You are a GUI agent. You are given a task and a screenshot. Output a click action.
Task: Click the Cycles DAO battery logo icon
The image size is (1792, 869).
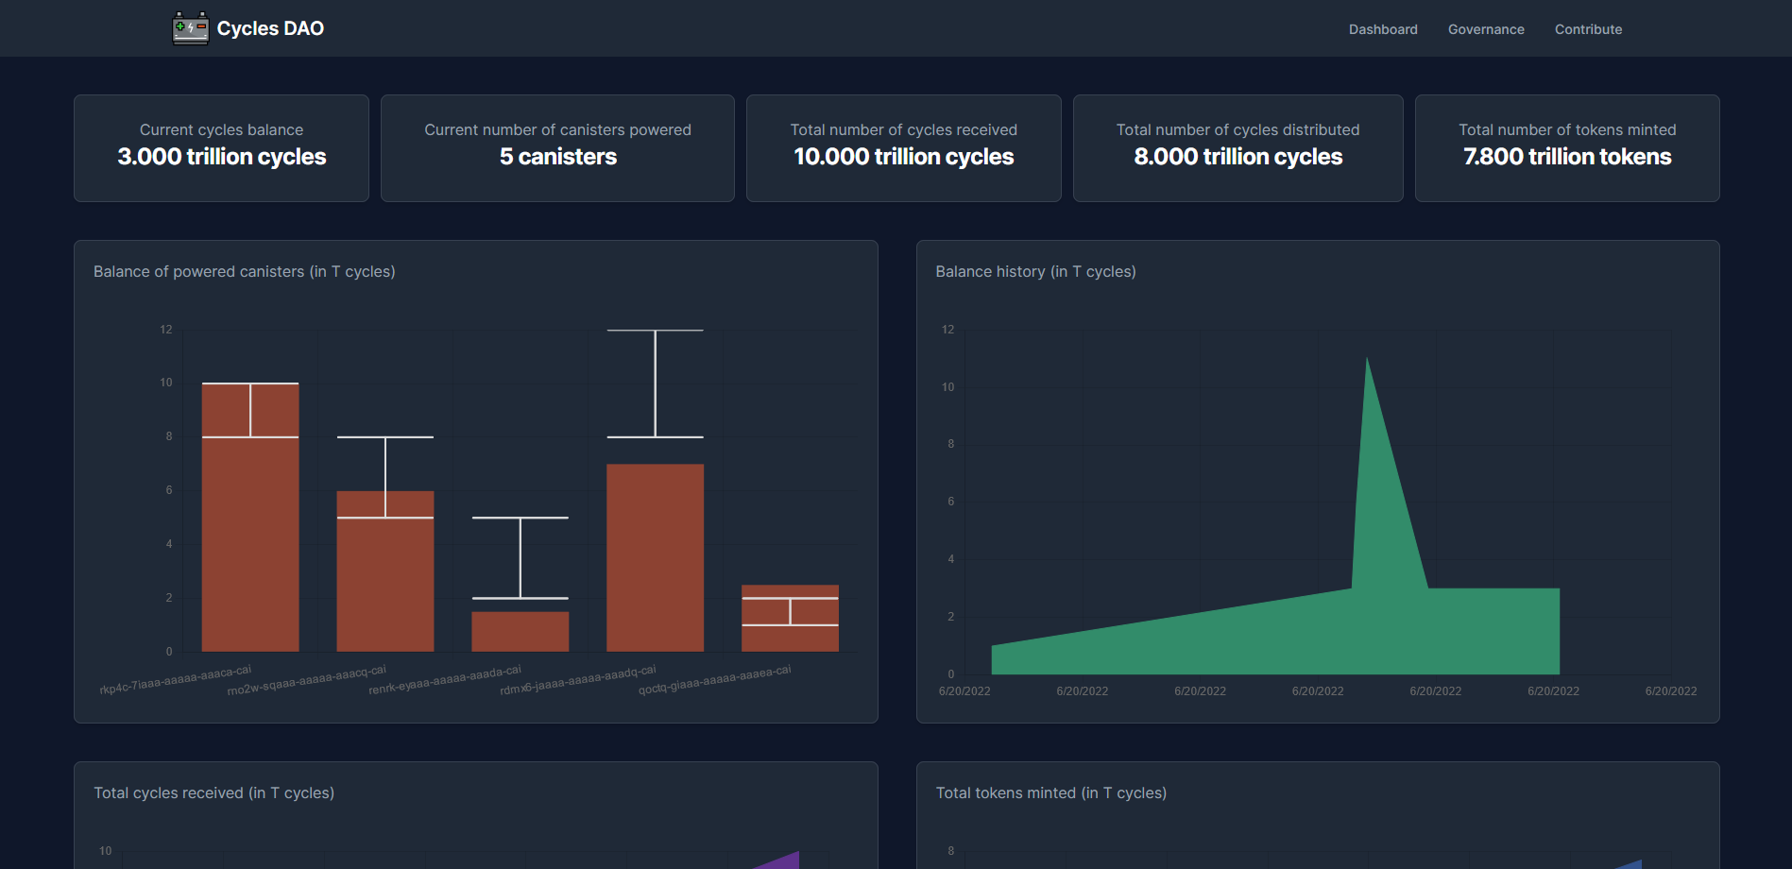[190, 28]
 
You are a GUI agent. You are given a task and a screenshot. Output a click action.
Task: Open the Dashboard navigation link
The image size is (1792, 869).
[1382, 29]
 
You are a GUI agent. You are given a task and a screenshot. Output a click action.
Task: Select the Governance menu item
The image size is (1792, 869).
[1485, 29]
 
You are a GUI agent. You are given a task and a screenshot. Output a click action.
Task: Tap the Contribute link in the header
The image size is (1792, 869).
[1587, 29]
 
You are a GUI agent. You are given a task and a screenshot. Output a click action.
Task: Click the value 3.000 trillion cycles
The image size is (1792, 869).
[221, 157]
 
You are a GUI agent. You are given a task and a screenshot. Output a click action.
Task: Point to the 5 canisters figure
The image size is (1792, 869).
[557, 157]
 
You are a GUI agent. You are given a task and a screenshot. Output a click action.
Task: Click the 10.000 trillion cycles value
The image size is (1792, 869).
[903, 157]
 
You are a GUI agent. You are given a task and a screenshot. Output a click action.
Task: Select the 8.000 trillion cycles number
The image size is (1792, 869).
[1237, 157]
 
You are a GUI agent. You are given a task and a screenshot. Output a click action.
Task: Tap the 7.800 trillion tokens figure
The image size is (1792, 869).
[1566, 157]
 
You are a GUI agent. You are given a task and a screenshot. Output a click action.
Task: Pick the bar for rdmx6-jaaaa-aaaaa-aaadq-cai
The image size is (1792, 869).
[655, 557]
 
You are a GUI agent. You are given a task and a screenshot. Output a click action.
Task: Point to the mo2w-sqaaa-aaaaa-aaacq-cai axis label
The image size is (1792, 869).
[306, 681]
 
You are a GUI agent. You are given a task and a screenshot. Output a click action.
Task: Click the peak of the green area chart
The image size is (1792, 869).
[1367, 361]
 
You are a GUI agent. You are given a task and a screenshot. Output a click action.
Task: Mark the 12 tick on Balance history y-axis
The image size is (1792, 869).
[947, 330]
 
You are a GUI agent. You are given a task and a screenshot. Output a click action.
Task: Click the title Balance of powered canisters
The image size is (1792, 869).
[244, 271]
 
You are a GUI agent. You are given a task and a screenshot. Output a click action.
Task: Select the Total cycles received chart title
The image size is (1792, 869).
[213, 792]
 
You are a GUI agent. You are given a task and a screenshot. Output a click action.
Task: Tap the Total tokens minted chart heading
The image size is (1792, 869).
[1050, 792]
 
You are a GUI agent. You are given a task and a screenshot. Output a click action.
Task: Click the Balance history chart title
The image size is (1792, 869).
[1035, 271]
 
